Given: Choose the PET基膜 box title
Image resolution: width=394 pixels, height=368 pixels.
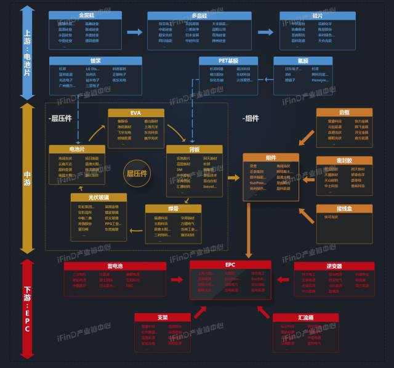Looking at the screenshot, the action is pyautogui.click(x=228, y=60).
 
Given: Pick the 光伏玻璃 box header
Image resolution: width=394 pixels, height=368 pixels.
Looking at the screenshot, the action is pyautogui.click(x=98, y=197).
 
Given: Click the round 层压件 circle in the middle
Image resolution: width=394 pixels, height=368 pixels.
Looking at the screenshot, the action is pyautogui.click(x=138, y=174).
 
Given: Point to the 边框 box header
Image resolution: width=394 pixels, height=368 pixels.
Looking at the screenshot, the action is pyautogui.click(x=344, y=113).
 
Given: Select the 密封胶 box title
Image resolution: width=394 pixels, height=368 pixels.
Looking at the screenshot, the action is pyautogui.click(x=344, y=160).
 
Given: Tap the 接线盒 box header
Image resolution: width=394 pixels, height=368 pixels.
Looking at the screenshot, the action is pyautogui.click(x=344, y=208).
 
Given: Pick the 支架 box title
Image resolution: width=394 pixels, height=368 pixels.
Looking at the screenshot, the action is pyautogui.click(x=163, y=317).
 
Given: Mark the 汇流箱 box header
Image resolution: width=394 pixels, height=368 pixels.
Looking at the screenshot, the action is pyautogui.click(x=306, y=317).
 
